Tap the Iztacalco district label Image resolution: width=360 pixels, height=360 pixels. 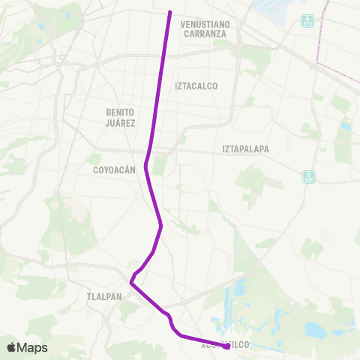[196, 86]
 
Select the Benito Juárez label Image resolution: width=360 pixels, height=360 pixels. [120, 116]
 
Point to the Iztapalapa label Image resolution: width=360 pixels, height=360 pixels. [245, 148]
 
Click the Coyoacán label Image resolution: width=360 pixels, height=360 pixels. [114, 169]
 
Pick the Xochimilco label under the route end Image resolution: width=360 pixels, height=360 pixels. [224, 345]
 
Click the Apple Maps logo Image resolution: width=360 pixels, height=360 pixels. [27, 347]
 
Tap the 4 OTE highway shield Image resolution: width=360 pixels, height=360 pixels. [307, 21]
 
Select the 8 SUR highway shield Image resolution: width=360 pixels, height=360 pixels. [309, 177]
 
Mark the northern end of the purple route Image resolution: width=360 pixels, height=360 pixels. [170, 13]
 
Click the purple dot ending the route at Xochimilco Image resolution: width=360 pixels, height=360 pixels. [226, 346]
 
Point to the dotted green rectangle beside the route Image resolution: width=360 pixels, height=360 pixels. [158, 164]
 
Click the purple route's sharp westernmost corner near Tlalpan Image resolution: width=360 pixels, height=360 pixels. [131, 283]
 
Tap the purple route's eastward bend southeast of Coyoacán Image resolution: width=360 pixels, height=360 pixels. [161, 226]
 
